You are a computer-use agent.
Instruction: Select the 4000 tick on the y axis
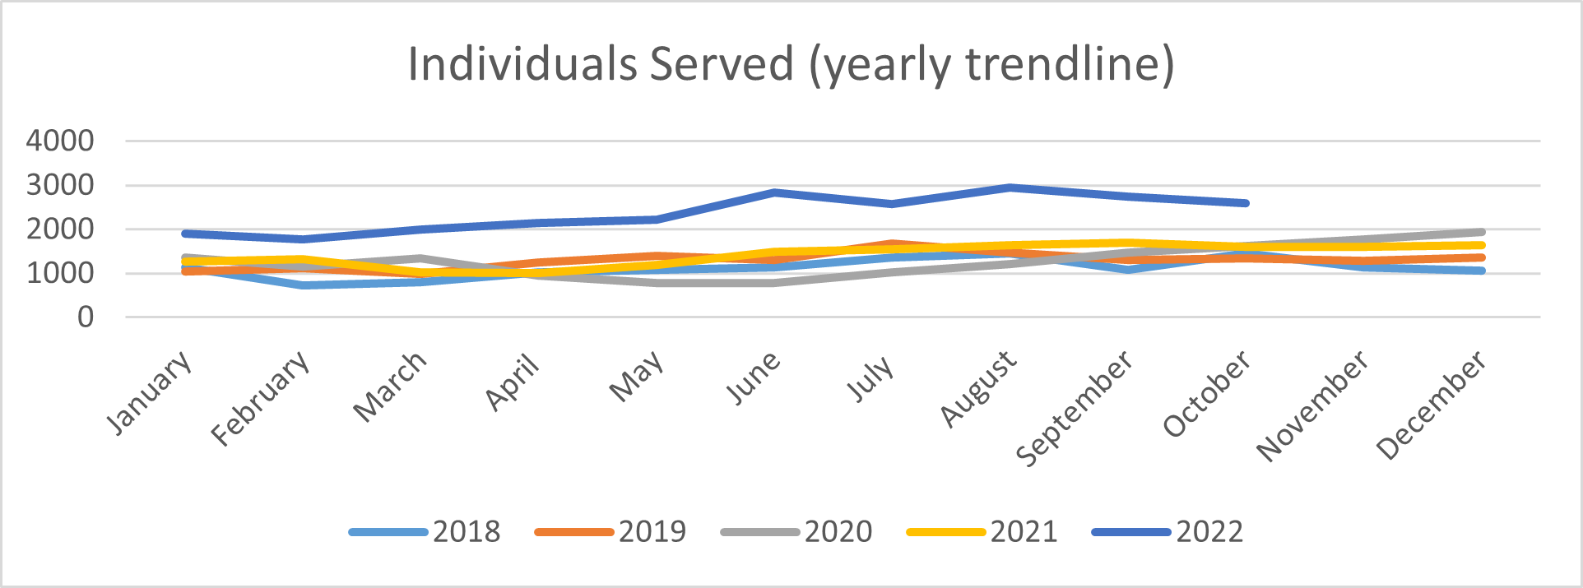tap(60, 141)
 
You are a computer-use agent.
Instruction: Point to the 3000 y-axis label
tap(60, 185)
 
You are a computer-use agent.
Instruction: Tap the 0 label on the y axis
tap(86, 317)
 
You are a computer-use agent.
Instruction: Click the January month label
tap(151, 391)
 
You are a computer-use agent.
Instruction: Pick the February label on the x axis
tap(262, 397)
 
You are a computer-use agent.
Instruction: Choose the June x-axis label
tap(753, 378)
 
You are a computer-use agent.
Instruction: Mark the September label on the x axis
tap(1075, 408)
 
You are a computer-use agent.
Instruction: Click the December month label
tap(1432, 405)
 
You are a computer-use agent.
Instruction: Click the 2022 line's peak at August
tap(1010, 188)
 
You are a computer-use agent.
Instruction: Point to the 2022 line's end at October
tap(1246, 202)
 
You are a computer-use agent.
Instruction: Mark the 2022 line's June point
tap(774, 192)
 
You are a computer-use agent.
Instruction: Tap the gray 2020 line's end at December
tap(1481, 232)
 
